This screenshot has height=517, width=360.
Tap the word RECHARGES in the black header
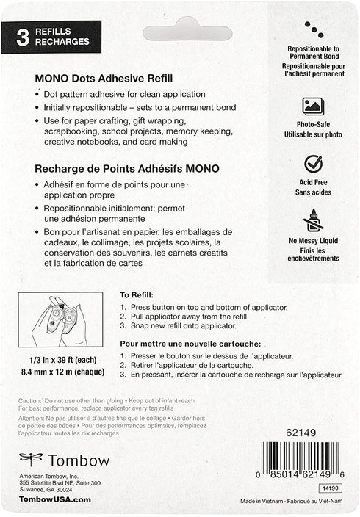(x=62, y=42)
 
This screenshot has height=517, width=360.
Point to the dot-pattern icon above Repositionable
(x=314, y=29)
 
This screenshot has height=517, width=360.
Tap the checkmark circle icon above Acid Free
(x=314, y=163)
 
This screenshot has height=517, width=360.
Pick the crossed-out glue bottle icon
(x=314, y=220)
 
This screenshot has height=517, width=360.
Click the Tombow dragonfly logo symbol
(x=31, y=460)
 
